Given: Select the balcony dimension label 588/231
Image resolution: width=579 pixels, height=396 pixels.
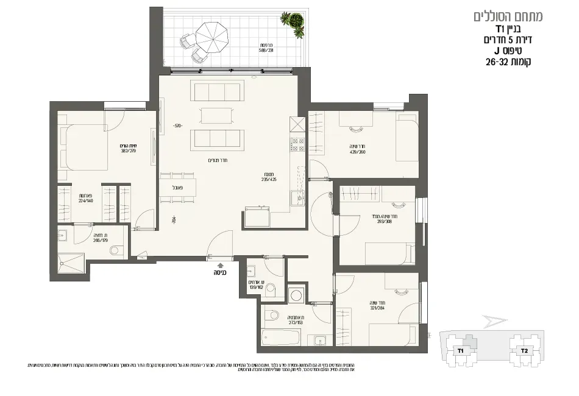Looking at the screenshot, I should (266, 51).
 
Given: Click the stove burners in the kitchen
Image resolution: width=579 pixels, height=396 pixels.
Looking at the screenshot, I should (297, 144).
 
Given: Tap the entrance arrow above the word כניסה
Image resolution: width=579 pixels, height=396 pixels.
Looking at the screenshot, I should (220, 266).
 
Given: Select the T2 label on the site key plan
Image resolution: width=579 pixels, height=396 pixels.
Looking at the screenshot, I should (524, 350).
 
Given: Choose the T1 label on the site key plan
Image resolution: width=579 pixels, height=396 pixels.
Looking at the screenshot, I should (461, 351).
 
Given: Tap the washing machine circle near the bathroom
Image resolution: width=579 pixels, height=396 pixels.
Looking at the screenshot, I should (297, 295).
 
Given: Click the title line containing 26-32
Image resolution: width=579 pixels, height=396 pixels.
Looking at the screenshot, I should (508, 62).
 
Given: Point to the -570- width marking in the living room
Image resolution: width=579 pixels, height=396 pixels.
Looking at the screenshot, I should (177, 127).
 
